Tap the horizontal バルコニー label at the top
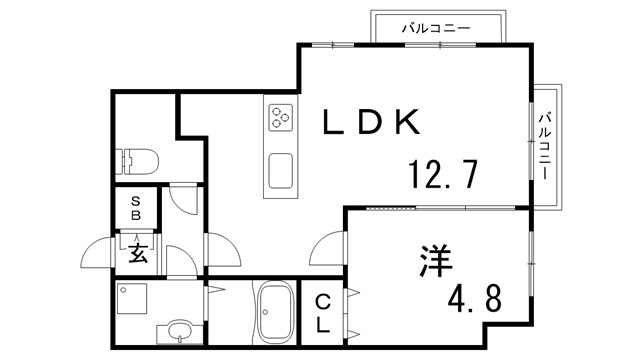click(435, 27)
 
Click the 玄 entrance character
click(137, 253)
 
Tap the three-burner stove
click(279, 118)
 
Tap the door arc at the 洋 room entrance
click(327, 245)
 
